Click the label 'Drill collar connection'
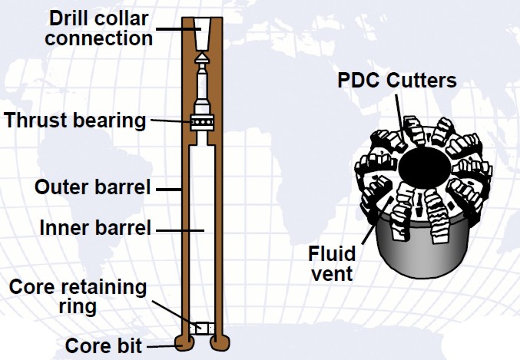tap(98, 28)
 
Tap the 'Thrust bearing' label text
tap(75, 121)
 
